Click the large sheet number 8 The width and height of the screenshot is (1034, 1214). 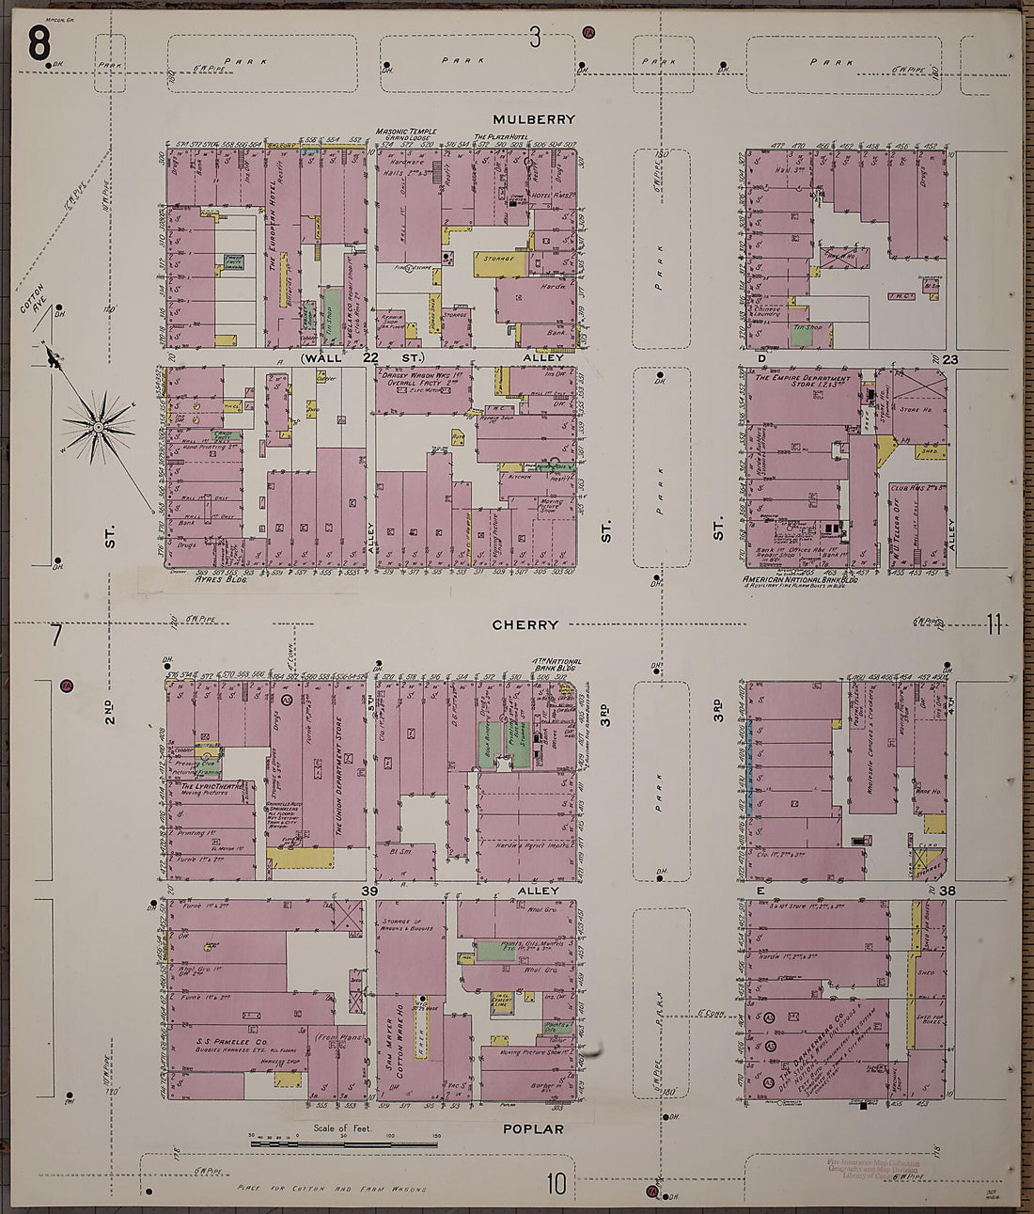coord(39,42)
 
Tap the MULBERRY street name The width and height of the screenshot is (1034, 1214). coord(534,119)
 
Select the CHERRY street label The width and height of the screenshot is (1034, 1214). coord(525,624)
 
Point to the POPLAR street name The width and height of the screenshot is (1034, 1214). coord(532,1128)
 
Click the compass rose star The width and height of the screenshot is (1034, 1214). coord(99,428)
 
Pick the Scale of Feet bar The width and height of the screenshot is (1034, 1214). coord(344,1143)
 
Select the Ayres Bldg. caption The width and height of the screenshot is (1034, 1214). coord(220,580)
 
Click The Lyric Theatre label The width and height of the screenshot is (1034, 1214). coord(212,786)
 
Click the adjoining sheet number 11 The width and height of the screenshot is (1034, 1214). coord(994,624)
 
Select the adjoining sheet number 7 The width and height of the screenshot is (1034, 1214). coord(56,636)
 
